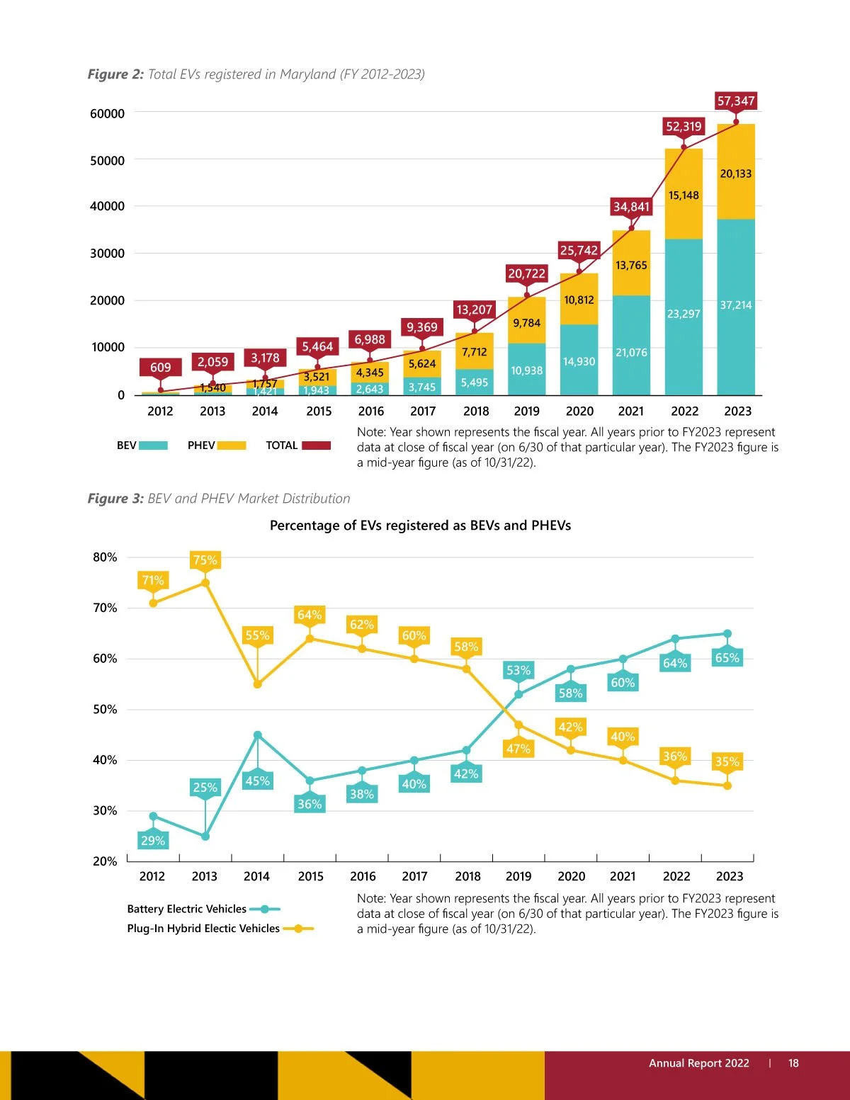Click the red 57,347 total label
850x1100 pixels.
coord(736,101)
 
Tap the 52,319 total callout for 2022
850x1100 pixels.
coord(684,127)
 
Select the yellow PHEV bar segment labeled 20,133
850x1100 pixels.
coord(736,173)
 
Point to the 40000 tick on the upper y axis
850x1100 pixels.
coord(107,206)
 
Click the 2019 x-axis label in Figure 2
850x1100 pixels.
coord(526,412)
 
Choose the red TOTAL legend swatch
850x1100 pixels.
coord(316,446)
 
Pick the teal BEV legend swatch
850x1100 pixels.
coord(153,446)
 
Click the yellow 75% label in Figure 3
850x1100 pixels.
coord(205,560)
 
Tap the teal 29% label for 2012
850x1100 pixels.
coord(153,841)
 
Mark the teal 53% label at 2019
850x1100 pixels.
coord(518,670)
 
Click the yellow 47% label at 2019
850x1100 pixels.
coord(518,749)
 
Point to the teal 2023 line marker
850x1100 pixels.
coord(727,634)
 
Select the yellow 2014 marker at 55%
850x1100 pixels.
coord(257,684)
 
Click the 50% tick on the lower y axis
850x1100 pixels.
coord(105,710)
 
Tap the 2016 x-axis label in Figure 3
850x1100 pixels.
coord(363,877)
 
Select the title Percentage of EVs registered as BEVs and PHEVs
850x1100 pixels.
coord(420,526)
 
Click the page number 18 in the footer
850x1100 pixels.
coord(793,1063)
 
